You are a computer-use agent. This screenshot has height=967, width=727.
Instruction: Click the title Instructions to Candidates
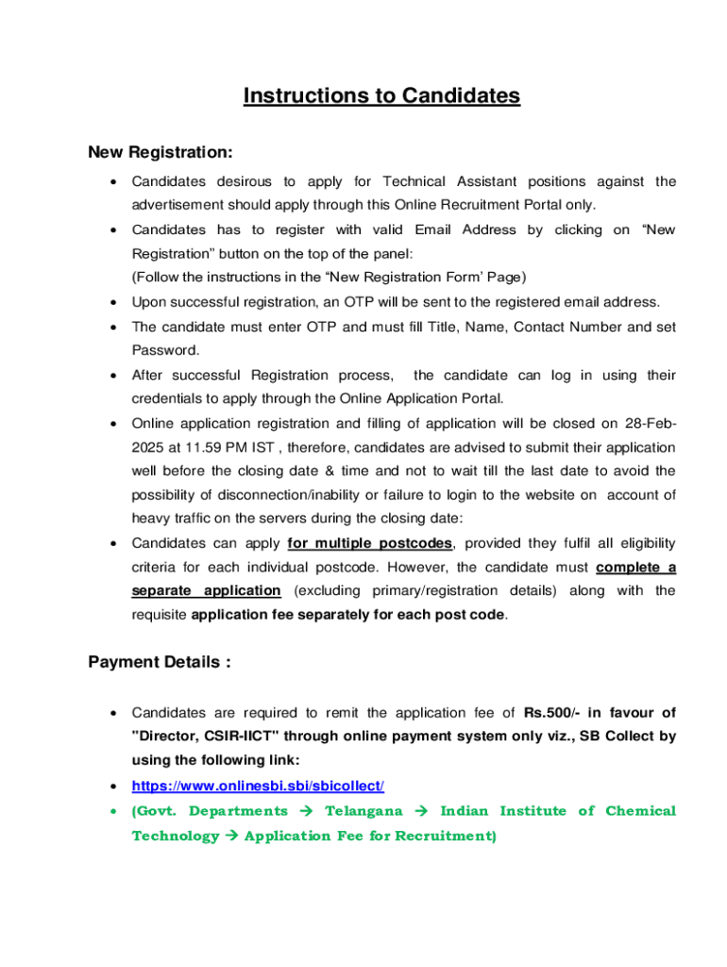coord(381,96)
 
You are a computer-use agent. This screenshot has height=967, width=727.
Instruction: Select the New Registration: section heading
coord(161,152)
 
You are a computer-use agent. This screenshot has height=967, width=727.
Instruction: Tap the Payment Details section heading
coord(160,662)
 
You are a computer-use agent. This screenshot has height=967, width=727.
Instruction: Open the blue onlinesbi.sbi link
coord(258,786)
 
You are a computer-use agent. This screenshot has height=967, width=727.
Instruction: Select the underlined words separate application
coord(206,590)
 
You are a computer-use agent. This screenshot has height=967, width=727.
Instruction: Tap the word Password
coord(165,350)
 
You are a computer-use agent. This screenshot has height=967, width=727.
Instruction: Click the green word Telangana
coord(363,811)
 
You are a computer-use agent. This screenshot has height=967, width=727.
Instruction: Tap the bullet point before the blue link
coord(113,787)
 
